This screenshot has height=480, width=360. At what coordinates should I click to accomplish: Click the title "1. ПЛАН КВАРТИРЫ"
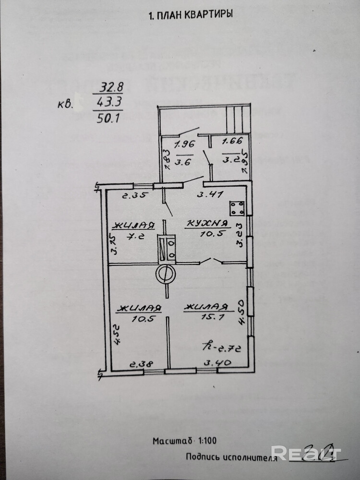[191, 15]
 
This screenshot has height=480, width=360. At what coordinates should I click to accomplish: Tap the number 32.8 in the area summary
[111, 88]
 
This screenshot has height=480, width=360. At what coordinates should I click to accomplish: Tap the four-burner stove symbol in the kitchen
[237, 208]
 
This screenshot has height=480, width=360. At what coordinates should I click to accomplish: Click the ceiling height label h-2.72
[219, 345]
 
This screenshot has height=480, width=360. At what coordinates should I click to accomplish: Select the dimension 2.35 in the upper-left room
[133, 195]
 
